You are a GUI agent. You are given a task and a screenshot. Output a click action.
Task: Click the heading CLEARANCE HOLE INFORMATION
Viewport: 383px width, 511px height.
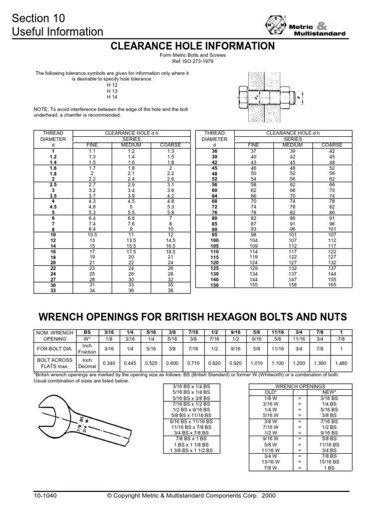coord(192,46)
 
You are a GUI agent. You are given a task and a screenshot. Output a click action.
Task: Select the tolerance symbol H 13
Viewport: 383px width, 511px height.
coord(112,91)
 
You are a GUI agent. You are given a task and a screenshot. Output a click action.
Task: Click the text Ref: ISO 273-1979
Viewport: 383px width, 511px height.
coord(192,61)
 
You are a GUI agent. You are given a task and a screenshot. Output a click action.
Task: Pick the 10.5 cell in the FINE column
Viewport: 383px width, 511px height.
coord(92,234)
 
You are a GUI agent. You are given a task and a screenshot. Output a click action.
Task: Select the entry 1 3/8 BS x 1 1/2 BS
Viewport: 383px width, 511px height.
coord(191,450)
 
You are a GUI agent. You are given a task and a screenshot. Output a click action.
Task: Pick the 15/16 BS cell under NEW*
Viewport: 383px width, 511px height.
coord(330,462)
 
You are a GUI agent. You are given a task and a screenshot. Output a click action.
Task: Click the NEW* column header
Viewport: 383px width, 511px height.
coord(330,392)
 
